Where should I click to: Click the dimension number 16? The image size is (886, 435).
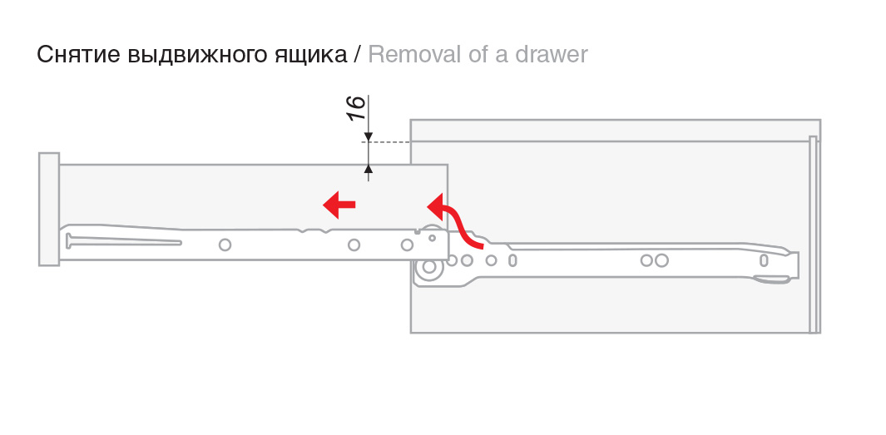pyautogui.click(x=355, y=107)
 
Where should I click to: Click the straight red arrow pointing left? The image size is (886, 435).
pyautogui.click(x=339, y=203)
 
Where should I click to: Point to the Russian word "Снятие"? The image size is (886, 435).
pyautogui.click(x=78, y=55)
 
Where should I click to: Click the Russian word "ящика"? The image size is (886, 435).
pyautogui.click(x=314, y=56)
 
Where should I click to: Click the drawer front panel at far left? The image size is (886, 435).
pyautogui.click(x=49, y=209)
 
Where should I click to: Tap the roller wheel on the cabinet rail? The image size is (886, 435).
pyautogui.click(x=430, y=268)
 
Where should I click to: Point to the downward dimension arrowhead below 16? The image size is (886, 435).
pyautogui.click(x=369, y=137)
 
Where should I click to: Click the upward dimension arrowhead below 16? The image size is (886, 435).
pyautogui.click(x=369, y=170)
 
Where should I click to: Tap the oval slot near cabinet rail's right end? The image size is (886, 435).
pyautogui.click(x=764, y=260)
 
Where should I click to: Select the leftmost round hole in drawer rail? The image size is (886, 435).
pyautogui.click(x=224, y=245)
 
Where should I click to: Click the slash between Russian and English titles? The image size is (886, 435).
pyautogui.click(x=357, y=55)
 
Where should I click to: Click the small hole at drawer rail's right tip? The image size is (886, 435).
pyautogui.click(x=433, y=238)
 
